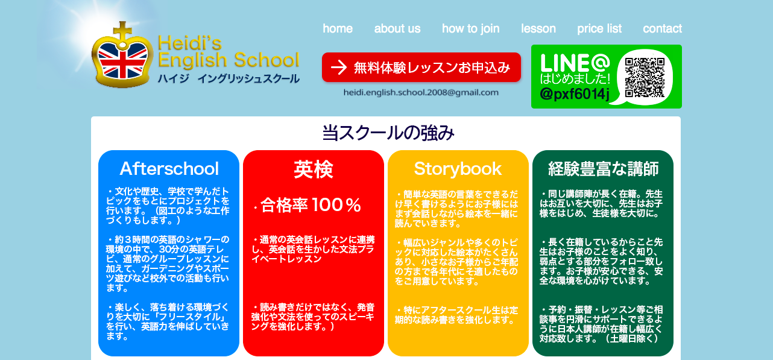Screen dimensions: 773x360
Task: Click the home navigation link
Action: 338,28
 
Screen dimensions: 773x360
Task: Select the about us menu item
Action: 397,28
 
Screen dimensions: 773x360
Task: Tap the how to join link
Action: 471,29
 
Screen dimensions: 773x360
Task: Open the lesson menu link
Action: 538,28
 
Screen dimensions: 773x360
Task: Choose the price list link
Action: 599,29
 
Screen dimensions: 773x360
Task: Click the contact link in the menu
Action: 662,28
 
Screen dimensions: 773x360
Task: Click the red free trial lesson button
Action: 421,68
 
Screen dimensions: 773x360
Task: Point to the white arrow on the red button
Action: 339,68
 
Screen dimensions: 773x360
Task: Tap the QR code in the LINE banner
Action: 645,77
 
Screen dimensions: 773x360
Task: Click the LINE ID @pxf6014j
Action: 575,94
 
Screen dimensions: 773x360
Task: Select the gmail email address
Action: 421,92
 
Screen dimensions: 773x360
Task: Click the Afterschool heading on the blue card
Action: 169,169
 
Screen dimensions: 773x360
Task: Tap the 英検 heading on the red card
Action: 314,169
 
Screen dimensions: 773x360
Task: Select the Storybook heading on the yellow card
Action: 458,169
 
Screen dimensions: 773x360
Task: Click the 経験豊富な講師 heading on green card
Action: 603,169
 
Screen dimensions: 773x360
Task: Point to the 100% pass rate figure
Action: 336,205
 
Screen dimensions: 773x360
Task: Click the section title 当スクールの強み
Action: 388,133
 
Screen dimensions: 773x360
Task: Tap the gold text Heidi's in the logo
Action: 189,43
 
